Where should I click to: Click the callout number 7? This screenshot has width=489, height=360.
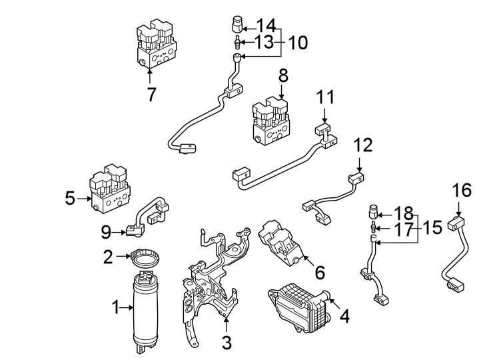(x=151, y=95)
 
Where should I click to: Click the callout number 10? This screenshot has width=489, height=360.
(x=298, y=43)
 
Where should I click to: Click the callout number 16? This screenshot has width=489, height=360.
(x=462, y=191)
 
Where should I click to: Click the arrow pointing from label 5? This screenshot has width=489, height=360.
(x=83, y=198)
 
